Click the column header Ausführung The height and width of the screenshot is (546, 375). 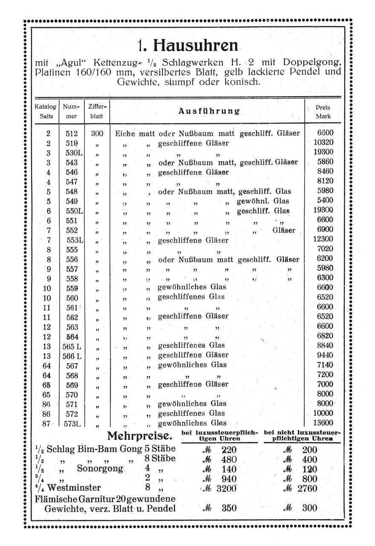pos(209,111)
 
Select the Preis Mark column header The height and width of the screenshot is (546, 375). pos(323,112)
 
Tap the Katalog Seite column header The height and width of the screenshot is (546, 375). pos(45,112)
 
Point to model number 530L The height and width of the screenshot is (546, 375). pos(73,152)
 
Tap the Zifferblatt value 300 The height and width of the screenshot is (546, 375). pos(97,133)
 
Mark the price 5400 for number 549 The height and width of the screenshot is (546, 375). pos(325,200)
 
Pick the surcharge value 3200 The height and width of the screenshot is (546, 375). pos(226,488)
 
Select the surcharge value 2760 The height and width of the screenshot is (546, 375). pos(307,488)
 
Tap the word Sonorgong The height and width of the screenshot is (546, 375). pos(100,468)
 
